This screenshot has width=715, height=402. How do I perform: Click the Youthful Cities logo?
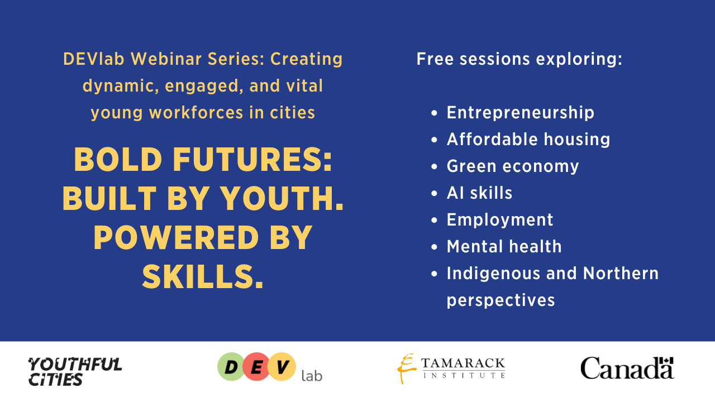[x=75, y=372]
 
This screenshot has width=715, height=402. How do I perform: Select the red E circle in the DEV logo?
[x=256, y=367]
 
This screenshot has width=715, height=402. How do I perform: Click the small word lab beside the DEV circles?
[x=312, y=376]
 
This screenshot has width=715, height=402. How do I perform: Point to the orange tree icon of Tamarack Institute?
[x=406, y=368]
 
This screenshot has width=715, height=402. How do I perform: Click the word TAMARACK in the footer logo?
[x=463, y=363]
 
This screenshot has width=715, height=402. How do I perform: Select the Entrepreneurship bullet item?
[x=520, y=113]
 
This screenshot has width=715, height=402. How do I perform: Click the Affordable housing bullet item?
[x=528, y=140]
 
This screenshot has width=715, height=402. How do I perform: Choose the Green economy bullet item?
[x=512, y=166]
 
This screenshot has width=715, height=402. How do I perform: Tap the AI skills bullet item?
[x=479, y=193]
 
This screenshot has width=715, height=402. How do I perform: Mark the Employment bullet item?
[x=500, y=220]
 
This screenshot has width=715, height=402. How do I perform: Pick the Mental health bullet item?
[x=504, y=247]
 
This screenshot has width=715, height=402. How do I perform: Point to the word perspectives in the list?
[x=500, y=300]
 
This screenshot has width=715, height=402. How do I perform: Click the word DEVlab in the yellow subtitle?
[x=94, y=59]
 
